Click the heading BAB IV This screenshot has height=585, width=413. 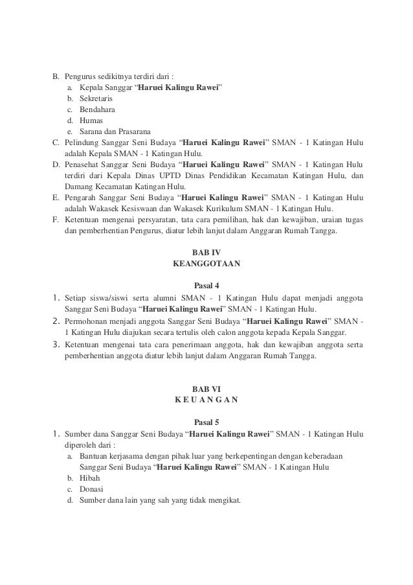point(206,252)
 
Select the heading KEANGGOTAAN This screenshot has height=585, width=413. point(206,264)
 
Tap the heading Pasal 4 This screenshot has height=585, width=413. point(206,285)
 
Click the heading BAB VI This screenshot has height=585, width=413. point(206,387)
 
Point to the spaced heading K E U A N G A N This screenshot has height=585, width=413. point(206,399)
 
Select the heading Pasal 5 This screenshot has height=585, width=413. point(206,421)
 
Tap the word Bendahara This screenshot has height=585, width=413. point(96,109)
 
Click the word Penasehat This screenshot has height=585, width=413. point(82,165)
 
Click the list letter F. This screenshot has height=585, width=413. point(56,220)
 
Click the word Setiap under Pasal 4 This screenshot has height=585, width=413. point(76,298)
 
